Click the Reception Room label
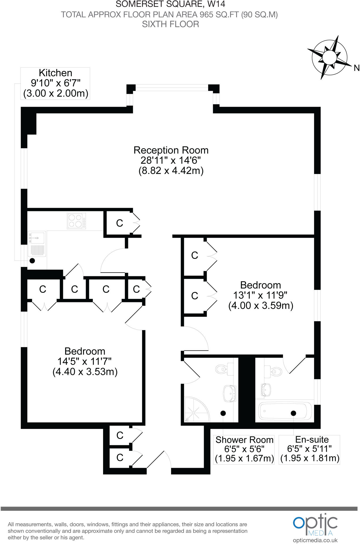pos(171,150)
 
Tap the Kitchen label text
pos(55,73)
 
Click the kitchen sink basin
pos(37,237)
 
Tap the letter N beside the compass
pos(357,68)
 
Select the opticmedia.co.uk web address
pos(315,540)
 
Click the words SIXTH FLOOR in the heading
pos(171,24)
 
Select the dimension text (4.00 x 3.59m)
pos(261,305)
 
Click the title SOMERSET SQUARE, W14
pos(171,4)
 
